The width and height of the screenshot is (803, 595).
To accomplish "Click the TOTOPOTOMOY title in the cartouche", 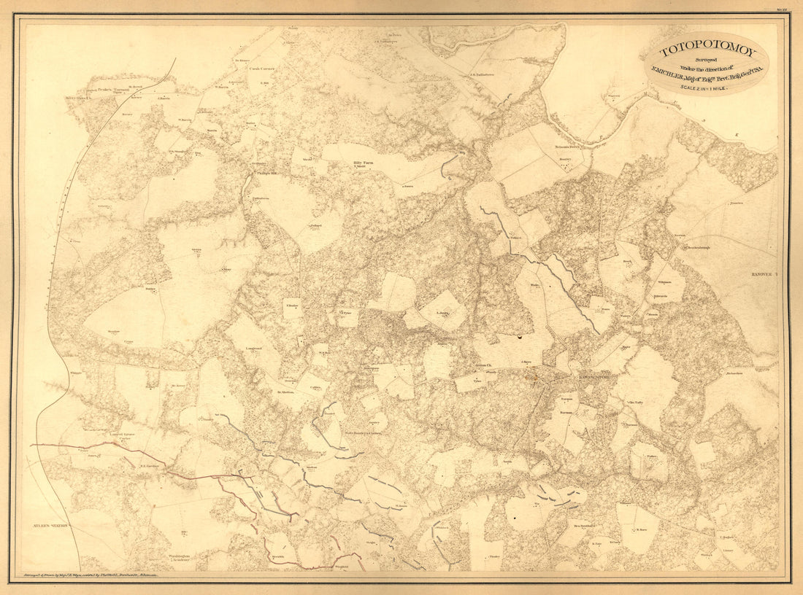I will point(706,52).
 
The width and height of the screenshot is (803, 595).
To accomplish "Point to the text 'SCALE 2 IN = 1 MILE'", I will point(706,87).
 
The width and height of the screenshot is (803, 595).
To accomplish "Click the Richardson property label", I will point(734,374).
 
